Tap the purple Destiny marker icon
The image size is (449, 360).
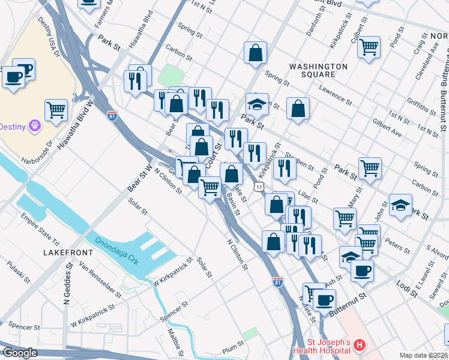point(35,125)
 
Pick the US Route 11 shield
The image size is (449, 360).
point(258,187)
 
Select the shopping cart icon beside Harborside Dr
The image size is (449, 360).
point(56,109)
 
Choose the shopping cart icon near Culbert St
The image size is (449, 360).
point(369,46)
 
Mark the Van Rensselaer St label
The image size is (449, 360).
point(99,281)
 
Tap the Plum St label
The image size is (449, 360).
point(233,346)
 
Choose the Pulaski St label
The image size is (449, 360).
point(19,273)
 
